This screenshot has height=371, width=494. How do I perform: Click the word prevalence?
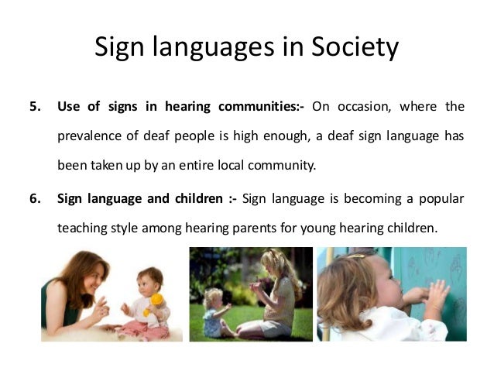tap(91, 136)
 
